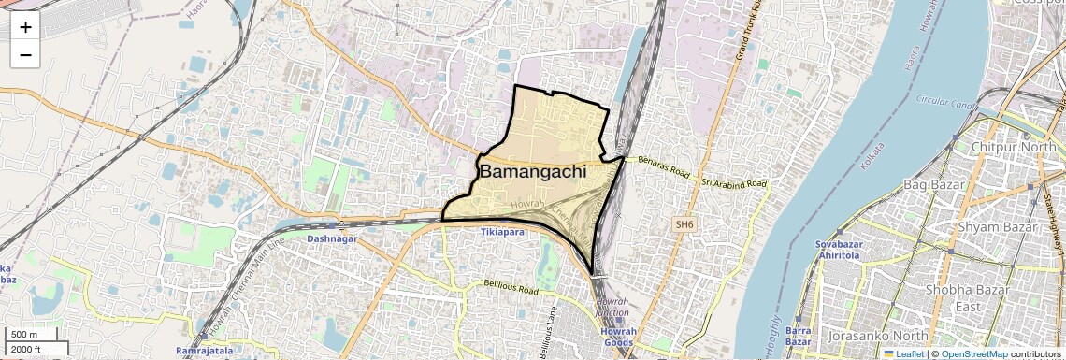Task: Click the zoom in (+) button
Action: [25, 27]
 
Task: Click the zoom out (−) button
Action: [25, 55]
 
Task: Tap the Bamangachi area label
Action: [533, 172]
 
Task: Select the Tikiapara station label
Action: [502, 230]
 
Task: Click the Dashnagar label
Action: [332, 239]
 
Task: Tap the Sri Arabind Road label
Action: [734, 181]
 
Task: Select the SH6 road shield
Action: [685, 224]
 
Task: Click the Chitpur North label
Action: [1015, 148]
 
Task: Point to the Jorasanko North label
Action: [879, 335]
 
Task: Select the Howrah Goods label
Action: [618, 338]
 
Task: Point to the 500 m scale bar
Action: [25, 335]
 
